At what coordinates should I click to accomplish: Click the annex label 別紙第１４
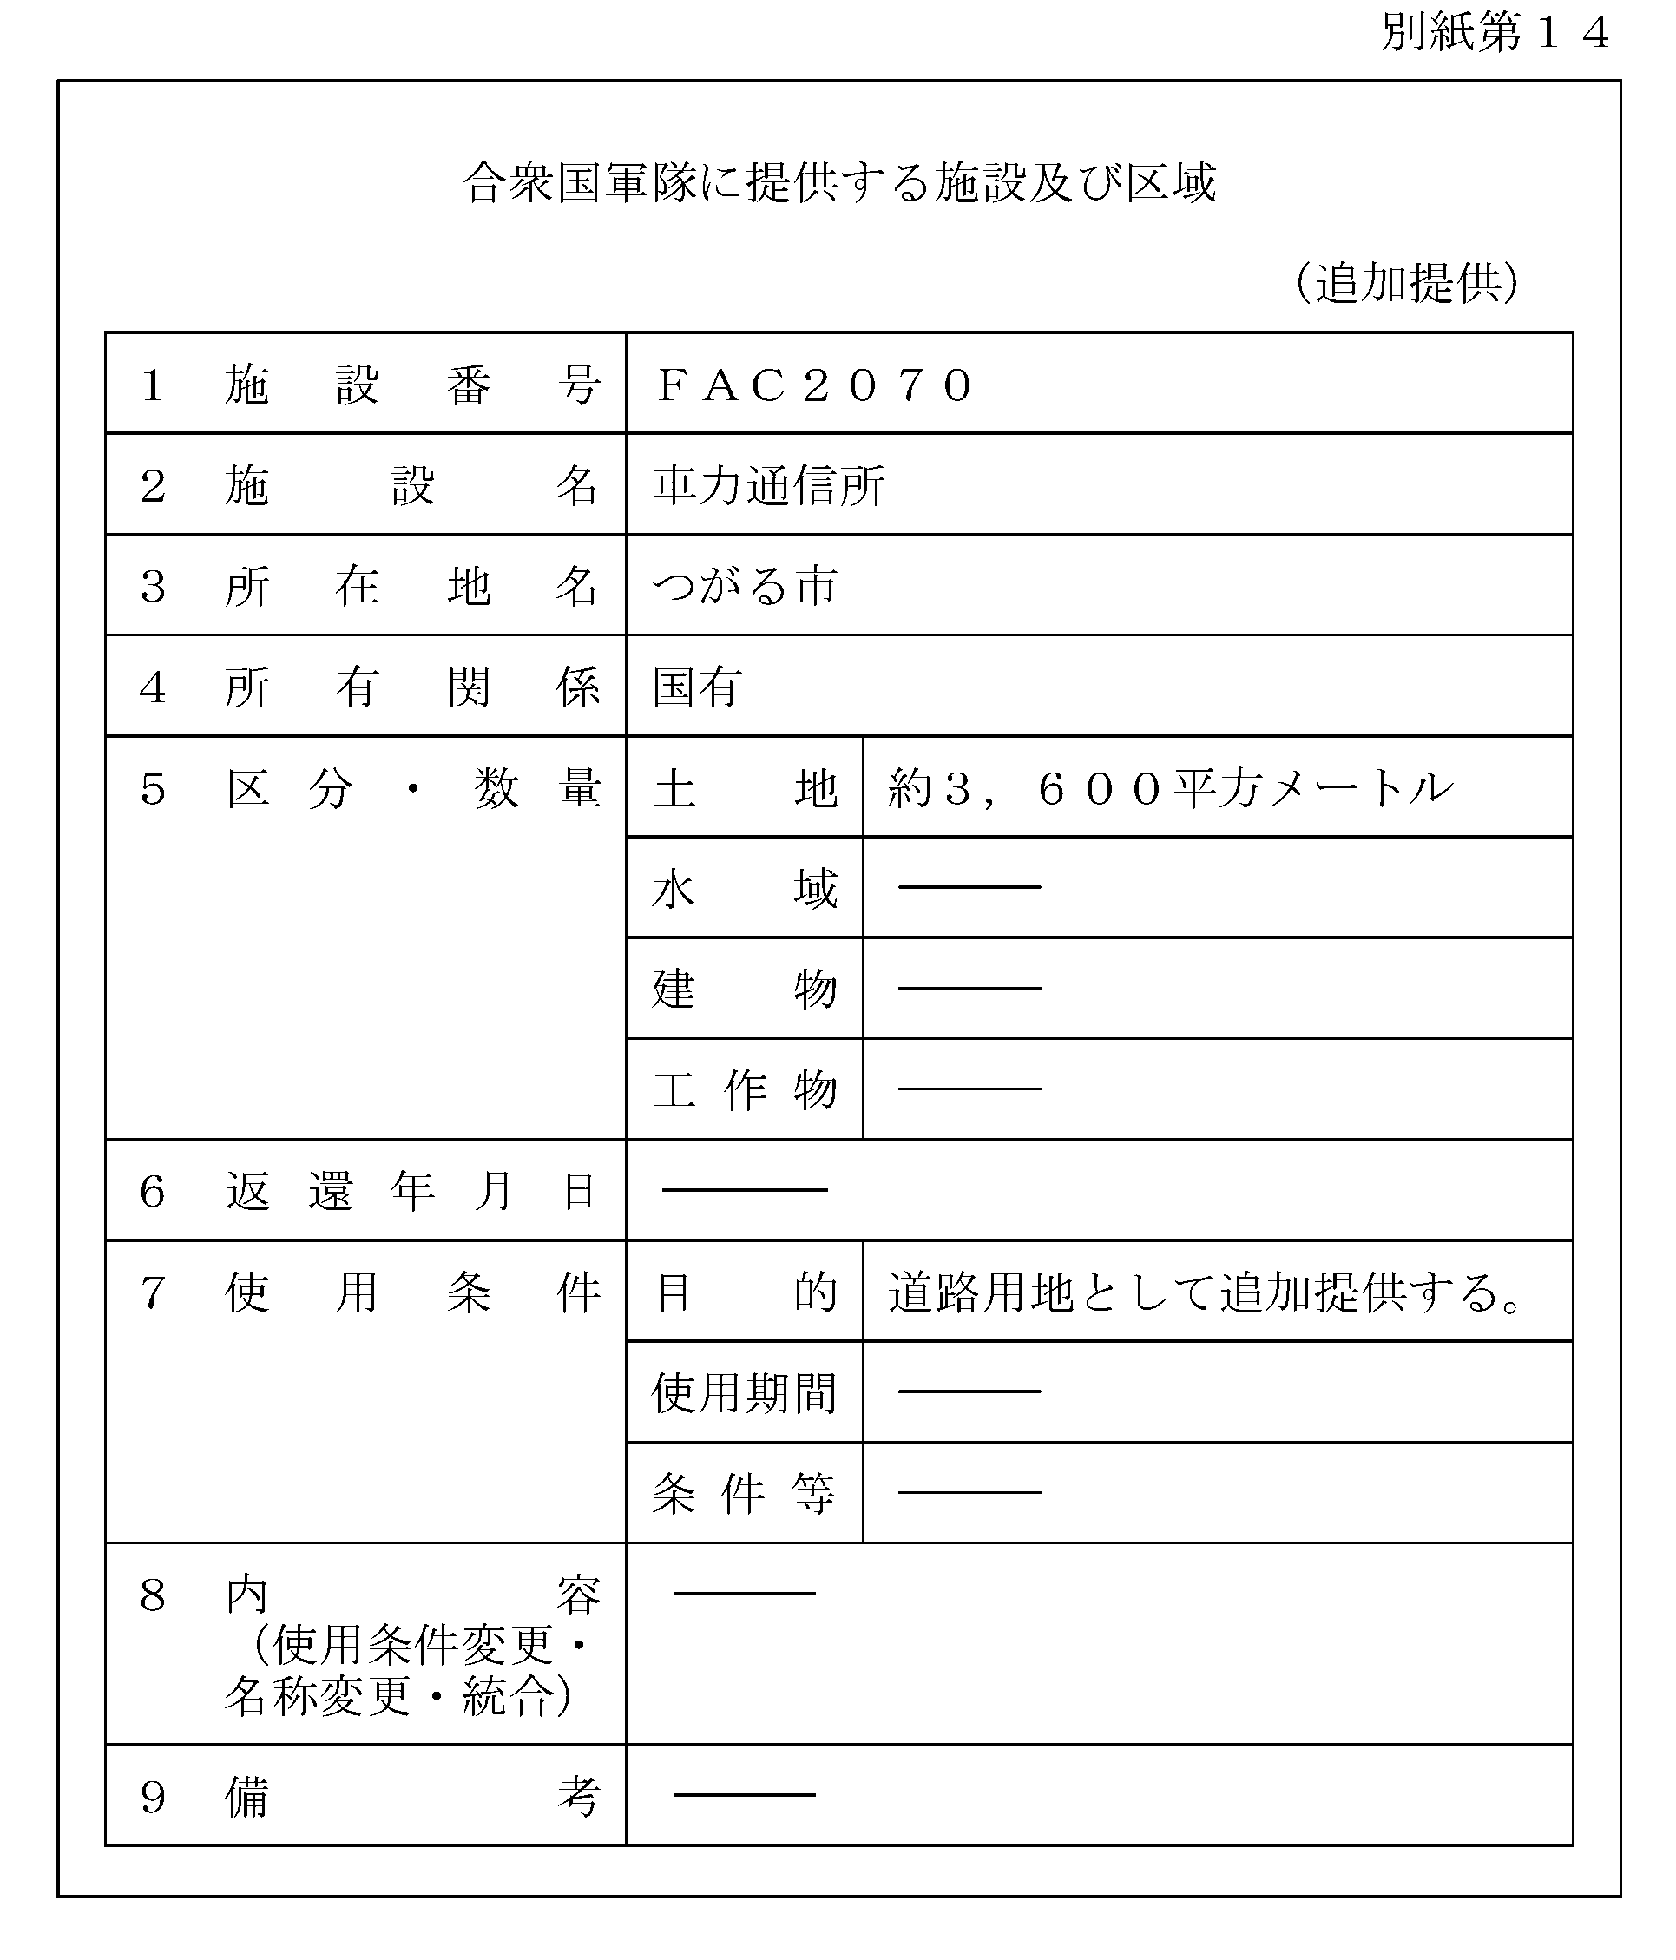click(x=1495, y=34)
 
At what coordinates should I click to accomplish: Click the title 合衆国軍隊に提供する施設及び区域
click(x=838, y=182)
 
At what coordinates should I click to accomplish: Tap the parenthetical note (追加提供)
click(x=1406, y=282)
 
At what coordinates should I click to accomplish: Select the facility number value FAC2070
click(x=814, y=385)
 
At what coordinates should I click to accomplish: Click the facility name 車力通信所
click(x=768, y=486)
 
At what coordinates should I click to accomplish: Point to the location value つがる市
click(x=745, y=587)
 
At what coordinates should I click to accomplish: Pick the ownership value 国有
click(x=697, y=687)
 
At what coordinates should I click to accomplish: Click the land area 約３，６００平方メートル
click(x=1170, y=788)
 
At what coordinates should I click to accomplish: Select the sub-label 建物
click(x=745, y=990)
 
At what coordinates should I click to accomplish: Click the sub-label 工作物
click(x=745, y=1089)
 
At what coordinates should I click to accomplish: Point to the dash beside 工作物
click(x=969, y=1089)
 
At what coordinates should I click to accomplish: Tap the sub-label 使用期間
click(x=745, y=1393)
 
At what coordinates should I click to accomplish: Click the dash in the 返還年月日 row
click(x=745, y=1190)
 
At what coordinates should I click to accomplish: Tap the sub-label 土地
click(x=745, y=788)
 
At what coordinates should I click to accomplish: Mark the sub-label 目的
click(x=745, y=1292)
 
